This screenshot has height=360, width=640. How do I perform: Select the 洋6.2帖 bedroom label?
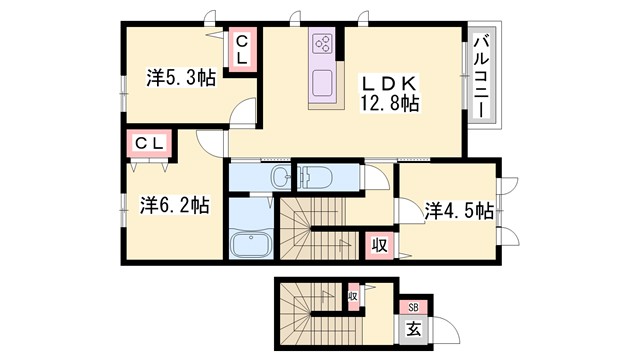pos(174,205)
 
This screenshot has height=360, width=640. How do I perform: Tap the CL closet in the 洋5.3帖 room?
pos(240,49)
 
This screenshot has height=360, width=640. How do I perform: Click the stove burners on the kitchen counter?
pos(323,43)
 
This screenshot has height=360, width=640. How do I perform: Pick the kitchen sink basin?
pos(324,82)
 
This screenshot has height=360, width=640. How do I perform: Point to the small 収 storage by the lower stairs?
pos(353,296)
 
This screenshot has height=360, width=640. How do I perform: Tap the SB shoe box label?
pos(412,308)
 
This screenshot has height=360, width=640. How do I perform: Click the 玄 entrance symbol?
pos(413,328)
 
